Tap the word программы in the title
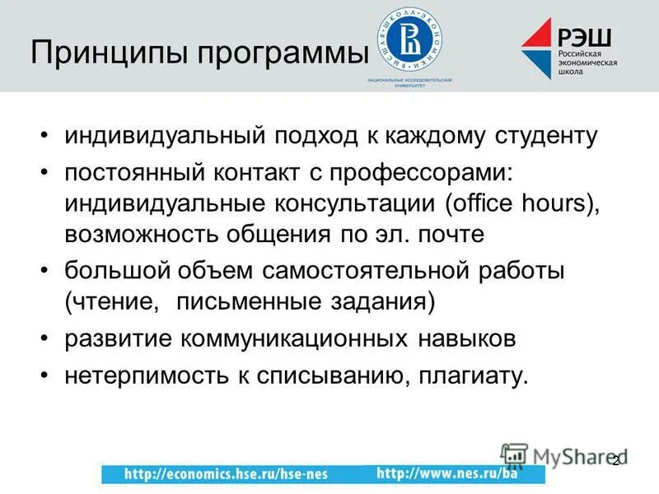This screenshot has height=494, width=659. click(x=279, y=55)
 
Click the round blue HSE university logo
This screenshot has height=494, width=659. click(x=409, y=39)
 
